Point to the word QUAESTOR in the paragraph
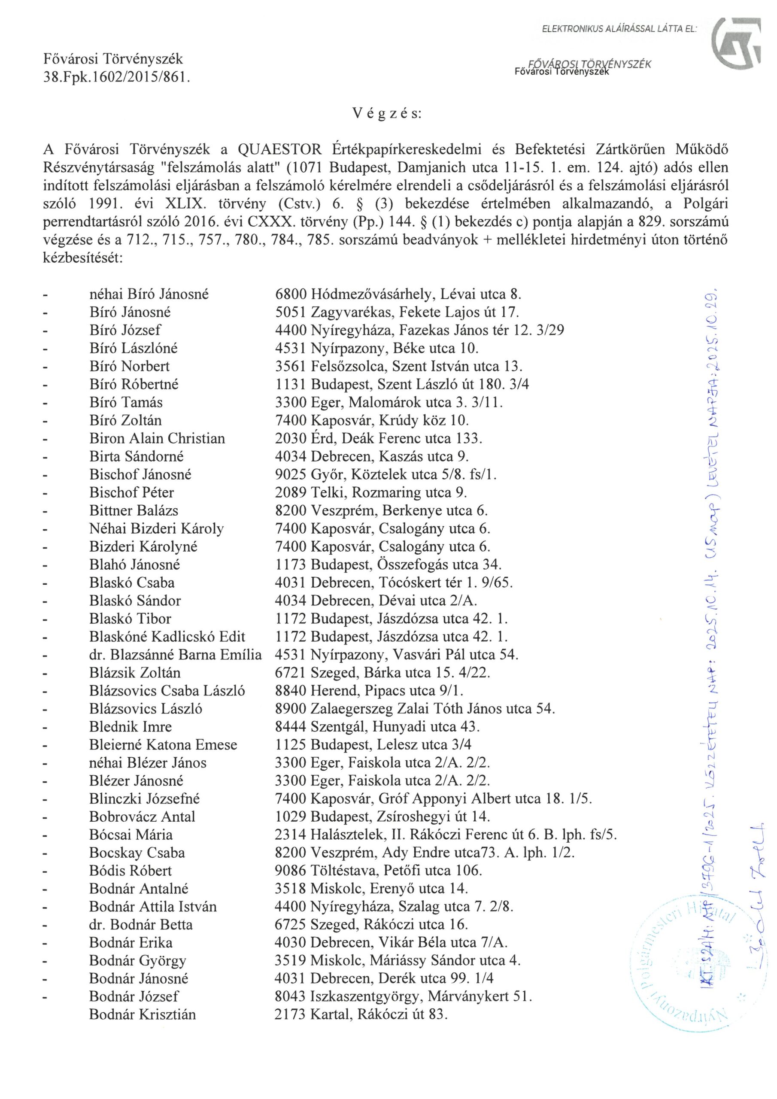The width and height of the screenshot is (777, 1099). (279, 150)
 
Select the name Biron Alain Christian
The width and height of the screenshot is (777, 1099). (157, 438)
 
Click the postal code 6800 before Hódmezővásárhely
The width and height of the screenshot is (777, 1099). (290, 294)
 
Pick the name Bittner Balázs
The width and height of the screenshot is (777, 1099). (134, 511)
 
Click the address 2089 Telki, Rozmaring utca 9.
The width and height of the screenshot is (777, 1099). (371, 492)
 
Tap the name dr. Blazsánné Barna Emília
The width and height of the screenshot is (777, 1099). (175, 655)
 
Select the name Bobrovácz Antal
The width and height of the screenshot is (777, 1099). (142, 817)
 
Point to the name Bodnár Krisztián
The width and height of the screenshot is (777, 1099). (142, 1015)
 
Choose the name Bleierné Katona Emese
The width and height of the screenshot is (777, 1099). (163, 745)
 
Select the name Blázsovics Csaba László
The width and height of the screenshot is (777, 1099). (167, 691)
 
